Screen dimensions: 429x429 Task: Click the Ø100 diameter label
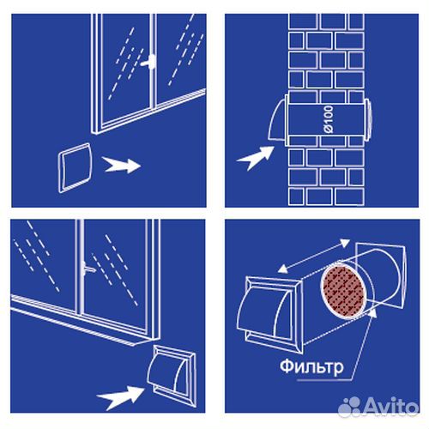[329, 119]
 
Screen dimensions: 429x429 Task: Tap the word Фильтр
[311, 367]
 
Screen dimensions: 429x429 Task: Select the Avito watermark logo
[378, 407]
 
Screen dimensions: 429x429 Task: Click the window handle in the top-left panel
[149, 63]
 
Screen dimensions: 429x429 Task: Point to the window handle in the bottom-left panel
[88, 269]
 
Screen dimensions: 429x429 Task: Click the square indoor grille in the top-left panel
[75, 168]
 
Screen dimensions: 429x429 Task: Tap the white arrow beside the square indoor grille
[122, 165]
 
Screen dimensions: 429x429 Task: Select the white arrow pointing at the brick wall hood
[256, 158]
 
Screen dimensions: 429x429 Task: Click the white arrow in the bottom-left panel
[121, 396]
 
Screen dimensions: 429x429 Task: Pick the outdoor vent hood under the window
[172, 376]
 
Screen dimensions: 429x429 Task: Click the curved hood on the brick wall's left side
[277, 119]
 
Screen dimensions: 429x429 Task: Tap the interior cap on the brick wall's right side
[368, 119]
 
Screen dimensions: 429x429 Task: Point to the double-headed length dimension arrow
[314, 256]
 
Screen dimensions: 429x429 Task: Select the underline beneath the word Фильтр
[323, 380]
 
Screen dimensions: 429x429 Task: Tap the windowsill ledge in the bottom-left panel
[83, 321]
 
